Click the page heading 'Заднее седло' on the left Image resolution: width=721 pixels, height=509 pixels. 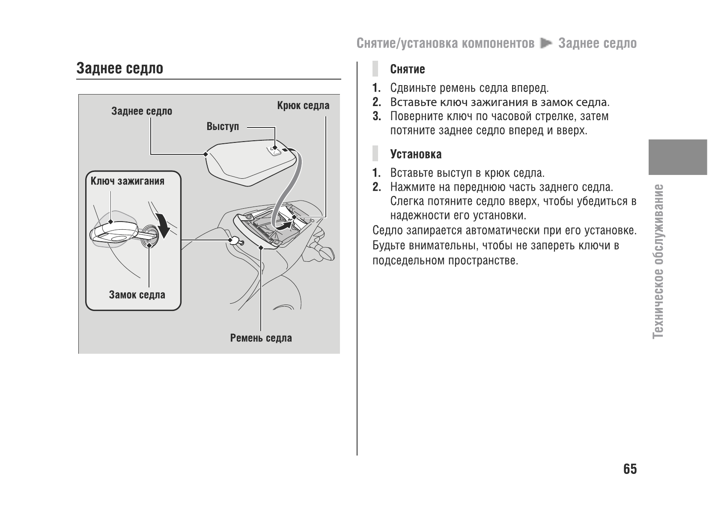click(120, 68)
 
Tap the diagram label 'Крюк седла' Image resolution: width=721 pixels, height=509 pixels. click(303, 106)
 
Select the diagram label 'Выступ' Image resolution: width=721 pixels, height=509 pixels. click(223, 127)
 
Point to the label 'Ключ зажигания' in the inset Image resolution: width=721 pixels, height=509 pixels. click(128, 181)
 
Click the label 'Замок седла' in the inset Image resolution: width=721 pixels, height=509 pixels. click(137, 295)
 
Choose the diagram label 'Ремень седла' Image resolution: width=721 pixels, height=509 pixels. click(261, 338)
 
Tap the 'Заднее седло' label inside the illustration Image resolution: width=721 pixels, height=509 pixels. click(142, 111)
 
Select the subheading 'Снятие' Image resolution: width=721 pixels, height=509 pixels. click(407, 69)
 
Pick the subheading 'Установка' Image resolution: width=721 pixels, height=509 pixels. click(416, 154)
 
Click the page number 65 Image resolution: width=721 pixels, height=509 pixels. click(630, 469)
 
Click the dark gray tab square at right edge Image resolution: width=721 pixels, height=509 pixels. click(677, 157)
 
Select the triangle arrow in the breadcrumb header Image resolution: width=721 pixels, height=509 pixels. click(546, 43)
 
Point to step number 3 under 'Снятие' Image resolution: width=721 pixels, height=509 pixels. click(376, 116)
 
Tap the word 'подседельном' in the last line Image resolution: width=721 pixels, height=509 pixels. click(408, 260)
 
